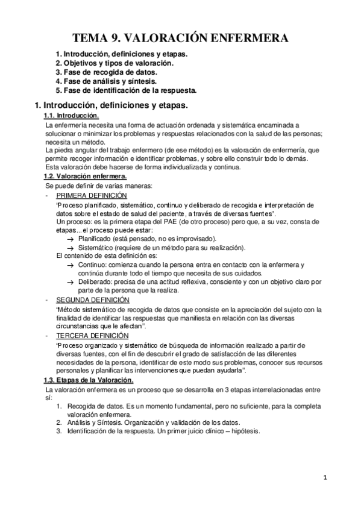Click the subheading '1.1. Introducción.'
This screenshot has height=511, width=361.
pos(71,116)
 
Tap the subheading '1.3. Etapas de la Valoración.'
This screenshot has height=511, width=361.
pos(89,380)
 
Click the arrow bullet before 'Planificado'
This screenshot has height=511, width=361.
pos(71,239)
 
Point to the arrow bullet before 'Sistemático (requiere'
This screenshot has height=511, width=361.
pos(71,248)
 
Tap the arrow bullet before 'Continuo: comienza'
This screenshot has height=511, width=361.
pos(71,266)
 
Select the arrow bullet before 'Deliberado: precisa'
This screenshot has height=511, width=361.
pos(71,283)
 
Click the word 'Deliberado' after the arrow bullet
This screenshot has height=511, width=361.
pos(96,282)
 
